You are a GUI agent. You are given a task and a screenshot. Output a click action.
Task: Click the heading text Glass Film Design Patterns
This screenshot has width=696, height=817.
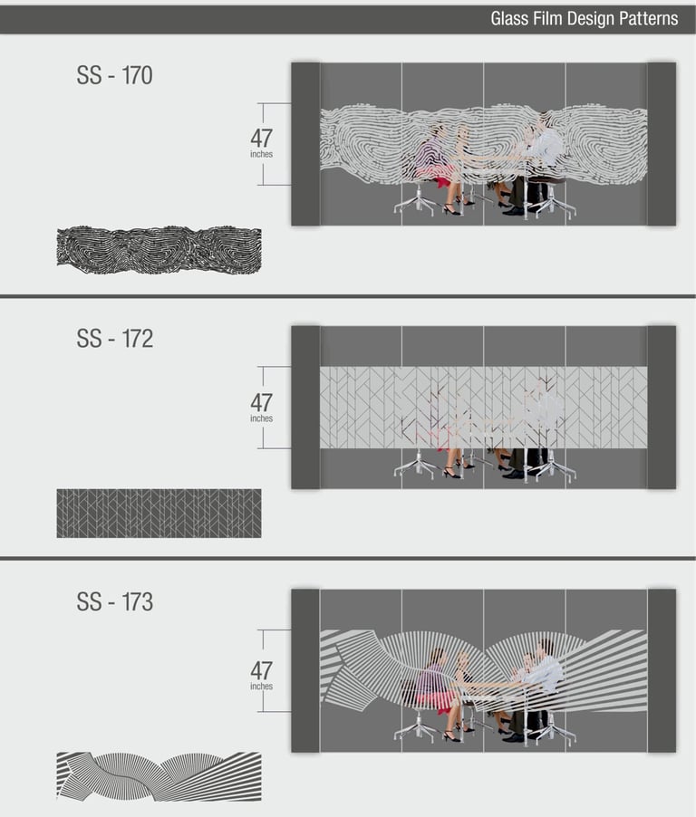(x=584, y=19)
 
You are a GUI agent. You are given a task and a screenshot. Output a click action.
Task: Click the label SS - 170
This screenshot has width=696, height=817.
(x=115, y=75)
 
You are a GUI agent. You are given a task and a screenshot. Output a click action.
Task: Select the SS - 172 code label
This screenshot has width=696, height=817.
(x=115, y=339)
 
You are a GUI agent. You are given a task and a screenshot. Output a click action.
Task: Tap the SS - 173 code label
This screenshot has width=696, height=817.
(x=115, y=601)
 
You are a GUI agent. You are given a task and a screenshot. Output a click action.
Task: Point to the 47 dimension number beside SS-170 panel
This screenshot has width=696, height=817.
(x=261, y=138)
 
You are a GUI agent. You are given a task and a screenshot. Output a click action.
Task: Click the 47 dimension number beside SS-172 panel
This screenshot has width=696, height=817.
(x=261, y=402)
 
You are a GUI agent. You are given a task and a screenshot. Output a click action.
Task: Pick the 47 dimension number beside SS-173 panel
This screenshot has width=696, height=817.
(x=261, y=670)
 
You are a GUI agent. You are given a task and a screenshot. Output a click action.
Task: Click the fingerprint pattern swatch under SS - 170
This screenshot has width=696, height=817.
(x=159, y=250)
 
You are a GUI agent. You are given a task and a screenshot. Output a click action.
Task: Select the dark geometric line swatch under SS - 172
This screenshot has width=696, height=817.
(x=159, y=514)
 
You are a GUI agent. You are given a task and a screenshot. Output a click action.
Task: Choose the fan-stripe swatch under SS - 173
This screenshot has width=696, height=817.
(x=159, y=776)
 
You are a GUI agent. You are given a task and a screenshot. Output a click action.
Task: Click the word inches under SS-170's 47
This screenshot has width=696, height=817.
(x=261, y=154)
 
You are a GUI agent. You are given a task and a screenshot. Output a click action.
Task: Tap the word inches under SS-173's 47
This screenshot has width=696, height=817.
(x=261, y=687)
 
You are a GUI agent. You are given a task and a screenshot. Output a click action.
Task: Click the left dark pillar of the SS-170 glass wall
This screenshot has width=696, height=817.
(x=305, y=144)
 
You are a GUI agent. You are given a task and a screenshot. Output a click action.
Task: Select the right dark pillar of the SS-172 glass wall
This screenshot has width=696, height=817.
(x=662, y=408)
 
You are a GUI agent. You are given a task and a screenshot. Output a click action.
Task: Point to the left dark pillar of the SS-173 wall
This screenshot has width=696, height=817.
(x=305, y=671)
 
